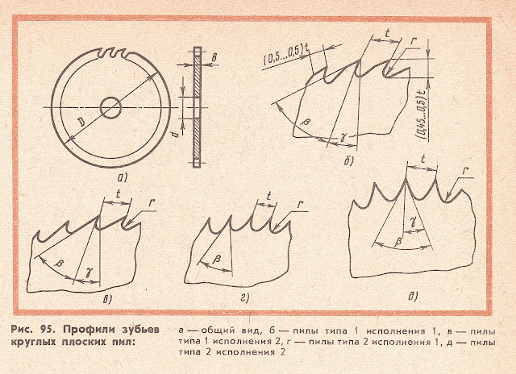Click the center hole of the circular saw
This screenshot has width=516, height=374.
point(110,107)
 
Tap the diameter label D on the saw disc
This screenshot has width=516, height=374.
point(81,123)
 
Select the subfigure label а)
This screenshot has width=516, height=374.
point(122,178)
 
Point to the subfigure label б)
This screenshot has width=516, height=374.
point(348,161)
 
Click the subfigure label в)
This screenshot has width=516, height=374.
point(107,299)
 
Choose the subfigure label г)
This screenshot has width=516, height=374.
point(245,298)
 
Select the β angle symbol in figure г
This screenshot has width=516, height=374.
point(217,260)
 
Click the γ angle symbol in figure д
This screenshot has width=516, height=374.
point(412,223)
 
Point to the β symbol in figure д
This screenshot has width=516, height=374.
point(397,242)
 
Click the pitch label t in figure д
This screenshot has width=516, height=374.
point(423,160)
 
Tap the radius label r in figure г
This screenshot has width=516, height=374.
point(300,204)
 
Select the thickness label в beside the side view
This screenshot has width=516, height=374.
point(214,59)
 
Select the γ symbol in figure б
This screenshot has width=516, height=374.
point(344,138)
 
